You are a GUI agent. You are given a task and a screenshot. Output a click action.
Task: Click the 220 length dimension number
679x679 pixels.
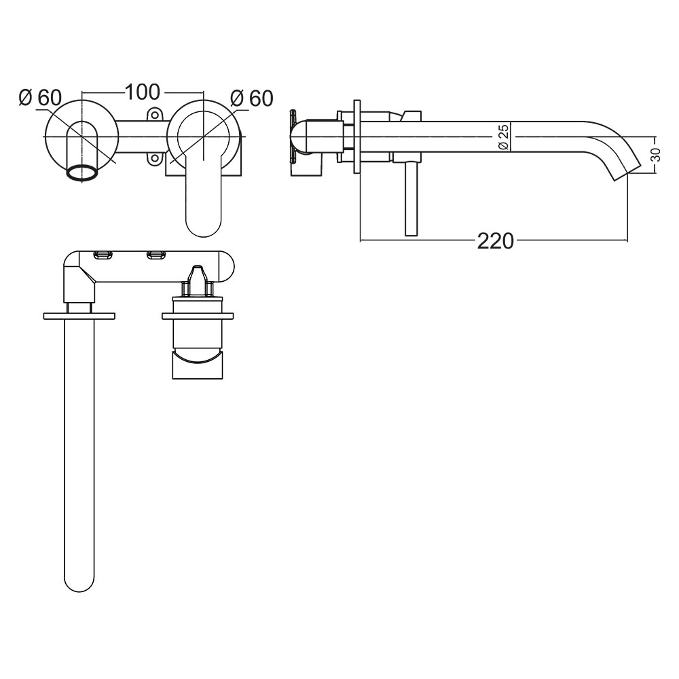(495, 240)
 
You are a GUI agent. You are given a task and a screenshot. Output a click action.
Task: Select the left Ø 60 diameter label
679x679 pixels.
(40, 98)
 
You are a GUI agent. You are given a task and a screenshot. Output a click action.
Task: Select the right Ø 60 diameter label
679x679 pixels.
(251, 98)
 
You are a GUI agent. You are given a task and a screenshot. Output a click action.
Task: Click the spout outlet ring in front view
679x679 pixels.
(81, 173)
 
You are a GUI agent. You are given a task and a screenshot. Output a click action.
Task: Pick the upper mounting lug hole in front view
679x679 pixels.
(155, 115)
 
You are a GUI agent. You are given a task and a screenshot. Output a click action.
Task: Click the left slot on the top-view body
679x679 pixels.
(103, 255)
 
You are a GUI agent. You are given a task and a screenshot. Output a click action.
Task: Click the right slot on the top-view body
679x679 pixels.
(155, 255)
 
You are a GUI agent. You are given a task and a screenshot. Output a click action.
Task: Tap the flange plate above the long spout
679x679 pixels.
(79, 316)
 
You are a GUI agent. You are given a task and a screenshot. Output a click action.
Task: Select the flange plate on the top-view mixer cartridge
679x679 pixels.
(198, 316)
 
